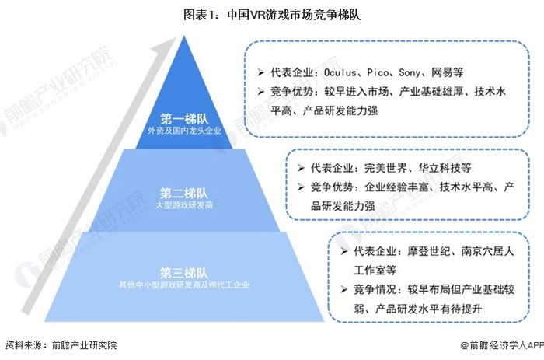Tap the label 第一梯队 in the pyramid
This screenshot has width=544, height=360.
[x=183, y=118]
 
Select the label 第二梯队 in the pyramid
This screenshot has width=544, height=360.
[x=183, y=192]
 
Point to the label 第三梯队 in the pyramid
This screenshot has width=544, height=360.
[x=183, y=273]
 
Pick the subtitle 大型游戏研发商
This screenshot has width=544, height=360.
[x=183, y=205]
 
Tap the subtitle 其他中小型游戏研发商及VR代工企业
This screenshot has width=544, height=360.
[x=183, y=286]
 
